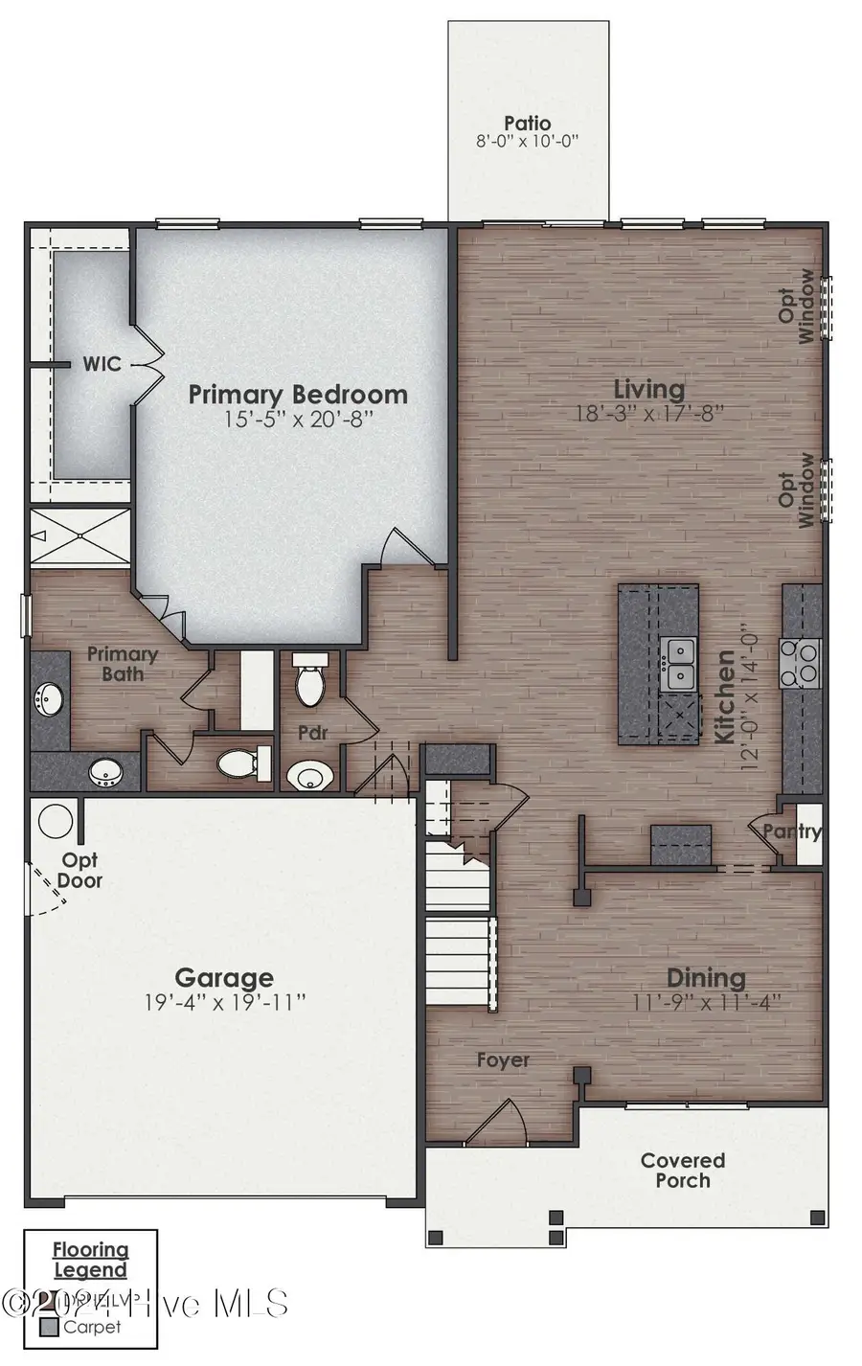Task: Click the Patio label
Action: coord(528,124)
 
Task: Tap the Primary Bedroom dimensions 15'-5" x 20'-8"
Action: coord(297,420)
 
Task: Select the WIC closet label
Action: coord(102,364)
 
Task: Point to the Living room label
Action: coord(648,389)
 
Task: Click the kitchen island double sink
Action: coord(680,664)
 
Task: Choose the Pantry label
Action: coord(793,831)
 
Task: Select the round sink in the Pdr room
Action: coord(309,775)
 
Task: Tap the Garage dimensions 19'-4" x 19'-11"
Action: coord(224,1003)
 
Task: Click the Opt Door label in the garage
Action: coord(79,871)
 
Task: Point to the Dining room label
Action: coord(706,978)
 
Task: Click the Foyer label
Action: coord(503,1060)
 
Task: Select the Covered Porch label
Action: coord(683,1171)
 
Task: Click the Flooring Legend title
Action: coord(90,1260)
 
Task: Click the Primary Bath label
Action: coord(123,664)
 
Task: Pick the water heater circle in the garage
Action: coord(56,821)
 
